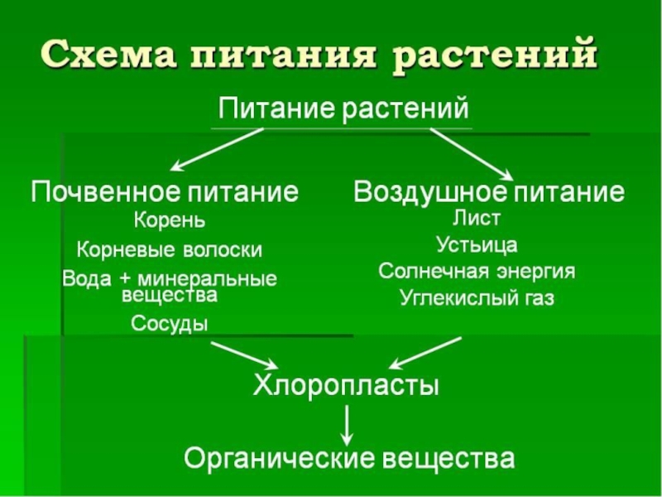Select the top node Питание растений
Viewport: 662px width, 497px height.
[343, 109]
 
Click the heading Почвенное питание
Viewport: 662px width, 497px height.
[165, 193]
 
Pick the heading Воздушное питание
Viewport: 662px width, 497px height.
[489, 193]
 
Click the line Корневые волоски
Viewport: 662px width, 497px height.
[170, 249]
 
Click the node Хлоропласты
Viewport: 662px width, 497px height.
[345, 386]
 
